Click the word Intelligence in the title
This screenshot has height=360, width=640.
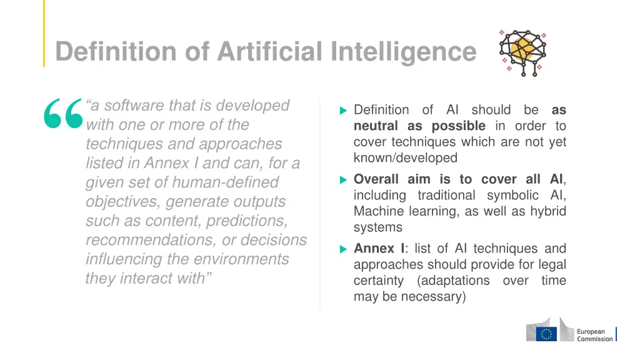tap(403, 51)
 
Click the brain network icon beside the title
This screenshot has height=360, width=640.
tap(522, 52)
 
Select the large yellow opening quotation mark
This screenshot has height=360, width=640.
tap(63, 114)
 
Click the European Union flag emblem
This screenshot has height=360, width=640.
tap(548, 334)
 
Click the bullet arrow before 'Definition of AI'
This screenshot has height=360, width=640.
tap(342, 111)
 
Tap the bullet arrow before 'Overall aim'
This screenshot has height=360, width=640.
tap(342, 180)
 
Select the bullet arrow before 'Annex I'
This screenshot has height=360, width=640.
tap(342, 249)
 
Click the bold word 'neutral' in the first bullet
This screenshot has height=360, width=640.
tap(376, 126)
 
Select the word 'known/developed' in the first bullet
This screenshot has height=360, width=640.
tap(406, 157)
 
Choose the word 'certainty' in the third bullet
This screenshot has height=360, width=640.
tap(379, 281)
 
